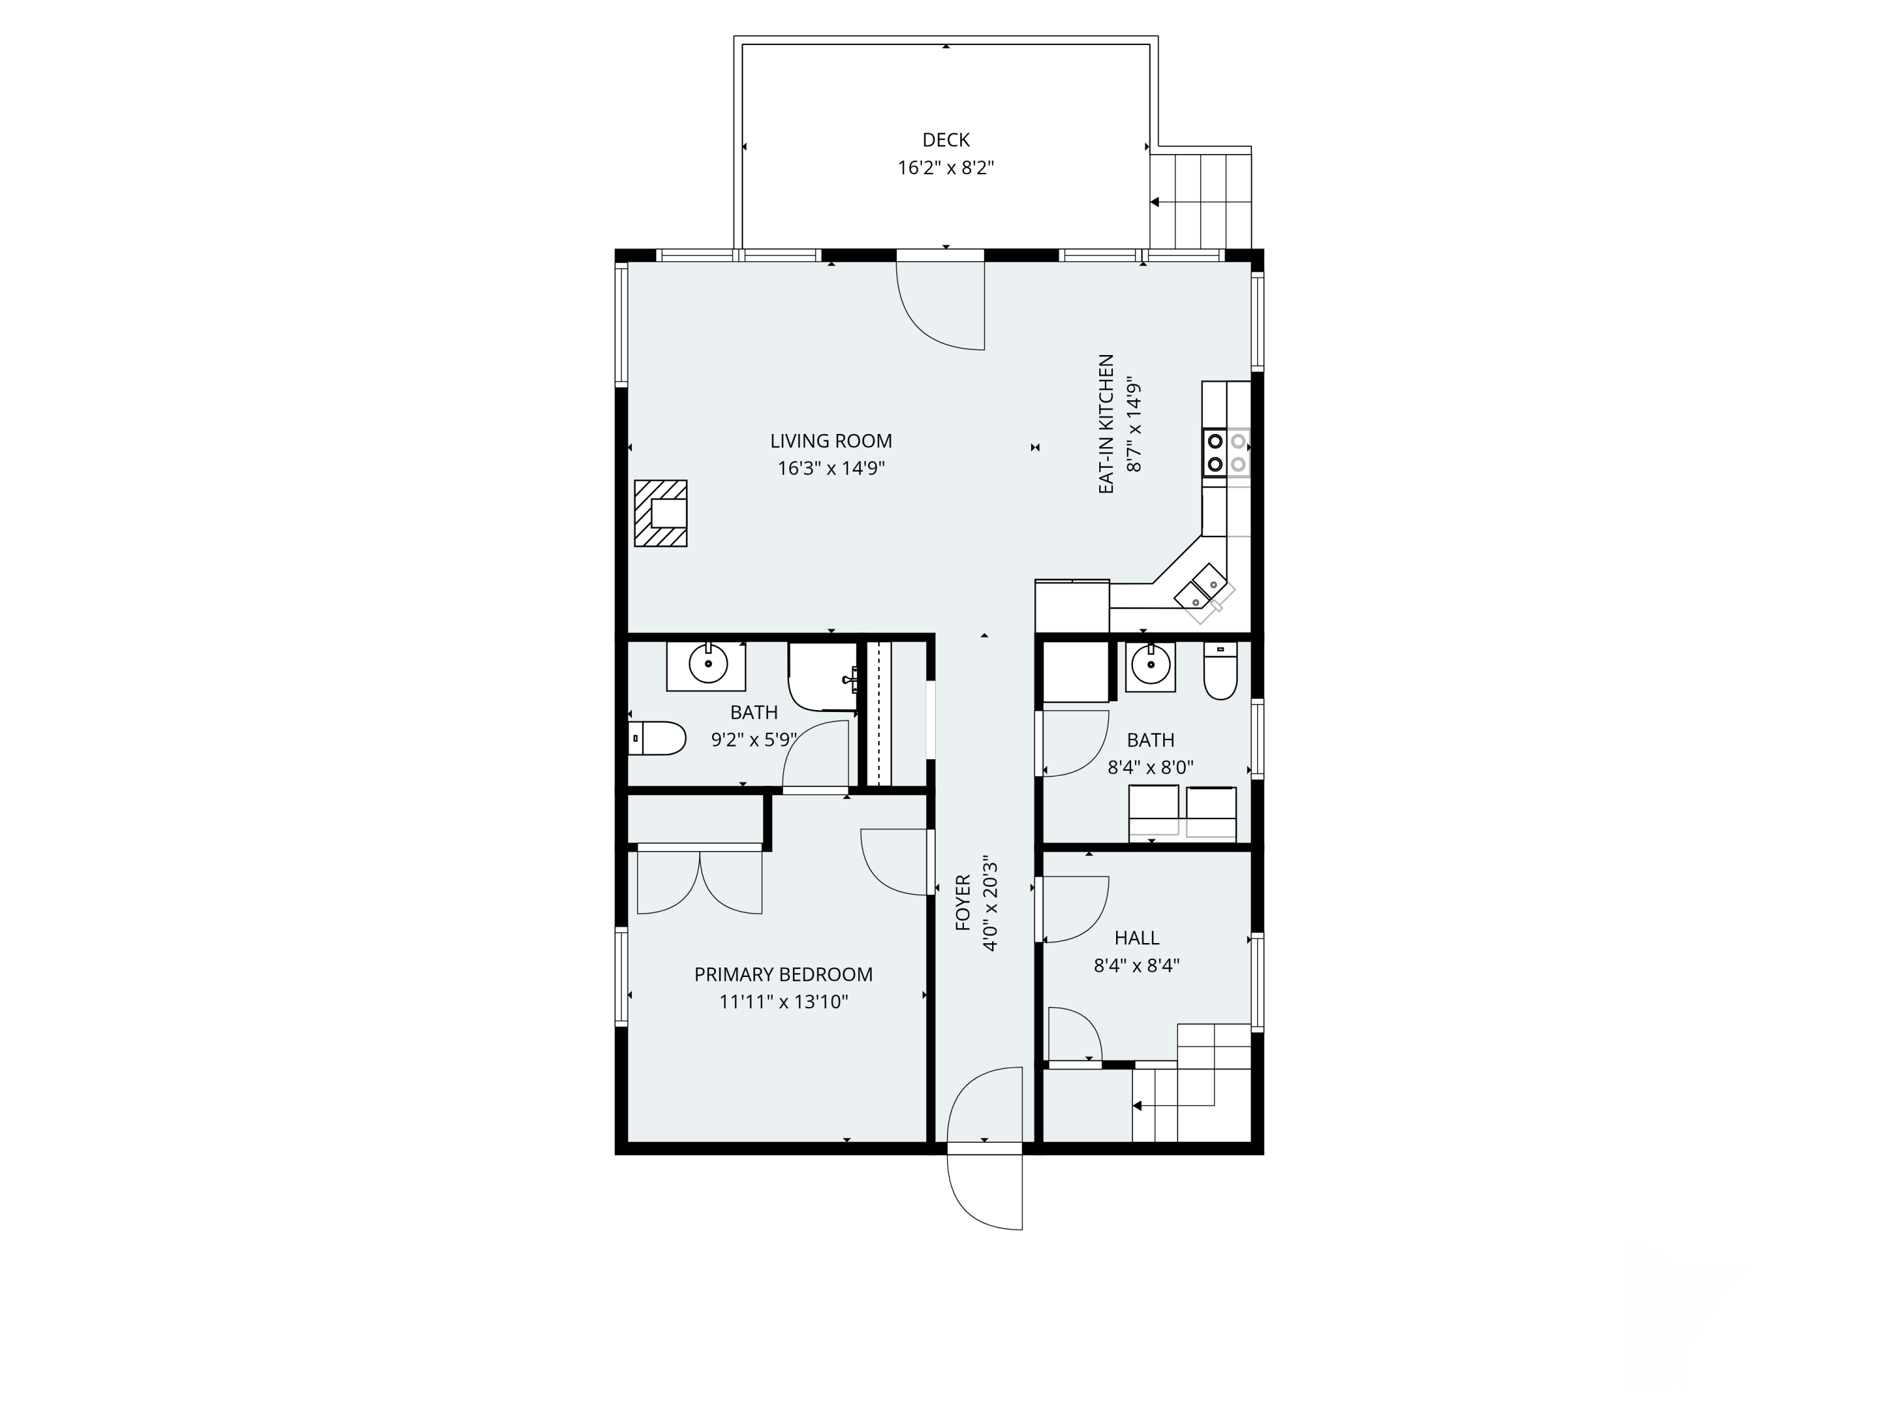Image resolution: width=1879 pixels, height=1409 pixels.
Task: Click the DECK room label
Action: tap(945, 139)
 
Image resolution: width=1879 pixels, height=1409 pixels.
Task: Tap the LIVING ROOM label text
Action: tap(831, 441)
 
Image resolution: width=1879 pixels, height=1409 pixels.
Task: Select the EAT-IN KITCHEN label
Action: tap(1106, 424)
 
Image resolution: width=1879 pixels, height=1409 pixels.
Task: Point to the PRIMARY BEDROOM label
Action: tap(783, 974)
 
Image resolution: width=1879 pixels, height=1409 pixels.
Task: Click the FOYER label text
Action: tap(963, 903)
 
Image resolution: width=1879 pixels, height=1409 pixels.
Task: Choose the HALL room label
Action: tap(1137, 937)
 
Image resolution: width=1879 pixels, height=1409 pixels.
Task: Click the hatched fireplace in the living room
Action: tap(660, 513)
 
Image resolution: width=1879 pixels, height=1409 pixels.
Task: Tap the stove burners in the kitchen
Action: tap(1226, 453)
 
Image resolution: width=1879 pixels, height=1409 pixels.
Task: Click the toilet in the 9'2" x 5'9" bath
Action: tap(656, 738)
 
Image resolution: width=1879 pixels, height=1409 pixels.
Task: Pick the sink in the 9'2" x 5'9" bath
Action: tap(707, 666)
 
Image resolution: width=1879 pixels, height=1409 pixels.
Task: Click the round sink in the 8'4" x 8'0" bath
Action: tap(1150, 666)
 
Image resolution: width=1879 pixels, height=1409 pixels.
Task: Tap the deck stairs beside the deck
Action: tap(1200, 201)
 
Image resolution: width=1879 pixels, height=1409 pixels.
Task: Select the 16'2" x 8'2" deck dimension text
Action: tap(945, 167)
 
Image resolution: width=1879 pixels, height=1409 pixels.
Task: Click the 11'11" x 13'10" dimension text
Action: tap(783, 1001)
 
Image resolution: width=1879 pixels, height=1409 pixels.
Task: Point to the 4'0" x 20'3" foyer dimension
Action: tap(990, 903)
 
